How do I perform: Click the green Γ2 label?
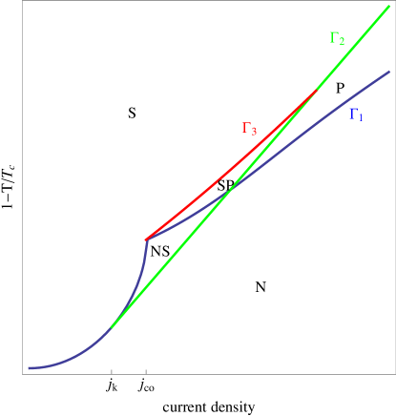(x=336, y=38)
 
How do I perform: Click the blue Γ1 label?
(x=355, y=115)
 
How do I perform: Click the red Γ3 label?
(x=249, y=129)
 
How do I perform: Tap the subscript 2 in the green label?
(x=341, y=41)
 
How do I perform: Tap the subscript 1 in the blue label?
(x=360, y=118)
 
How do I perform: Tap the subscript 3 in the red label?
(x=254, y=132)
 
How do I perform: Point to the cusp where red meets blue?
(x=146, y=239)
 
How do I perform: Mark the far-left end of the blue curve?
(x=29, y=367)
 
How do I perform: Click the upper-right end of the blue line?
(x=390, y=72)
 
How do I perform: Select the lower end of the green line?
(x=112, y=327)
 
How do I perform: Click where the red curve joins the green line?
(x=316, y=91)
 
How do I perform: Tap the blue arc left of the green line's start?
(x=76, y=354)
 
